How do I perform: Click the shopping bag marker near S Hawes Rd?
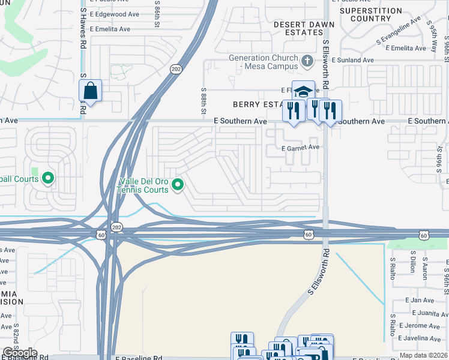click(90, 91)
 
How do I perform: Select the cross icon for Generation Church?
click(307, 61)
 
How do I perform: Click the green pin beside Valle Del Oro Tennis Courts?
click(177, 185)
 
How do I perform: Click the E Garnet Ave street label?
click(300, 147)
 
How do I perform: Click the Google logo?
click(20, 353)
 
